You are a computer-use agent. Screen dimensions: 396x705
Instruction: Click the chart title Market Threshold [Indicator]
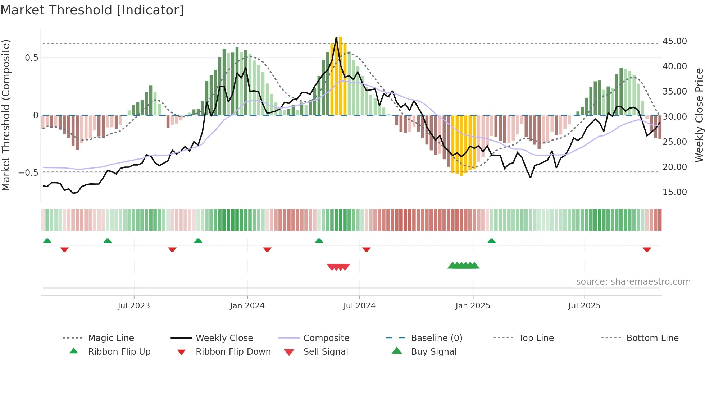click(x=92, y=10)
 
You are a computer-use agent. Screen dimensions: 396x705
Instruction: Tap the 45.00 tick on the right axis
click(x=674, y=41)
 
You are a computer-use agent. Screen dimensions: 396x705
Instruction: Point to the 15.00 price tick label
click(x=674, y=192)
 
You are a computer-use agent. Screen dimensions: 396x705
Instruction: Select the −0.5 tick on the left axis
click(x=28, y=173)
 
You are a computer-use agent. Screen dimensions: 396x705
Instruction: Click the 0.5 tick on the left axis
click(x=31, y=58)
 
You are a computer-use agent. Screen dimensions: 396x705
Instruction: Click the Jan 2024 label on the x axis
click(x=247, y=306)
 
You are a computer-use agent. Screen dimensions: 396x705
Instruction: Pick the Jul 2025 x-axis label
click(x=584, y=306)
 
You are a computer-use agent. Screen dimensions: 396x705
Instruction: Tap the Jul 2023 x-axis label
click(x=134, y=306)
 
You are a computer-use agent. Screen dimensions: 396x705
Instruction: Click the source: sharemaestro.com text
click(x=633, y=282)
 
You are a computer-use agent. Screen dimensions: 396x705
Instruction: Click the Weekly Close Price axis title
click(x=699, y=115)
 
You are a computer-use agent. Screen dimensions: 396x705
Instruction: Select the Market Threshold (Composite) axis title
click(x=6, y=115)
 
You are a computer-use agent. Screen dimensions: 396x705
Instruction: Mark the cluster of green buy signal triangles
click(x=463, y=266)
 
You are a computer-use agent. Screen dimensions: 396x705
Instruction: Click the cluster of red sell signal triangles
click(x=338, y=267)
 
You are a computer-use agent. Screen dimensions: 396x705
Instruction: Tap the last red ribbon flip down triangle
click(x=647, y=249)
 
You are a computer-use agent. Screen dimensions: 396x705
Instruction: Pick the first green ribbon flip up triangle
click(x=47, y=241)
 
